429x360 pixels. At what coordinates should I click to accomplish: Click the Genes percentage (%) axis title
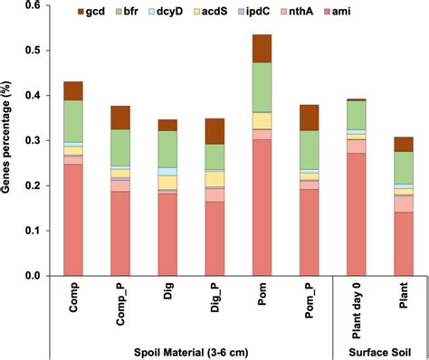(9, 140)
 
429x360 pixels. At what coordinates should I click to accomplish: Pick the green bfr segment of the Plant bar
(403, 167)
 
